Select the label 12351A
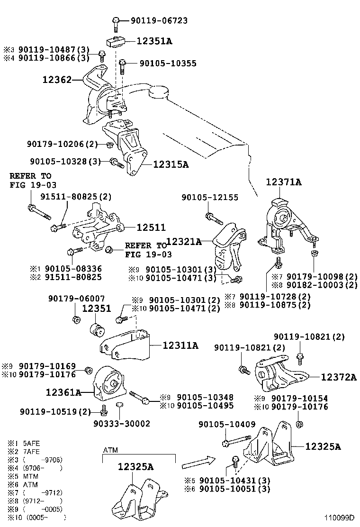[x=154, y=41]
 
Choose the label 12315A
[x=171, y=164]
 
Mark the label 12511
[x=148, y=227]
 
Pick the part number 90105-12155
[x=210, y=197]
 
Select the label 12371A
[x=283, y=182]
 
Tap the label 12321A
[x=184, y=242]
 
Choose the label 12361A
[x=64, y=392]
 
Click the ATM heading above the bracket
[x=110, y=450]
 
